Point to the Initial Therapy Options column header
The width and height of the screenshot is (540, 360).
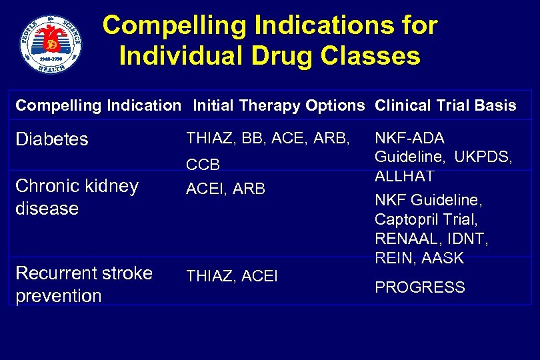[x=279, y=105]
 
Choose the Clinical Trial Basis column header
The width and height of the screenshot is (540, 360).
[x=445, y=105]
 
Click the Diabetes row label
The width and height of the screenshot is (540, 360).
[x=51, y=139]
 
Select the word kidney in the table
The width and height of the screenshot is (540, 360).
[x=106, y=186]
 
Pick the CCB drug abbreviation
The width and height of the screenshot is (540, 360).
[x=203, y=165]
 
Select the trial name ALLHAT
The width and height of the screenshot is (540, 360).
[x=404, y=177]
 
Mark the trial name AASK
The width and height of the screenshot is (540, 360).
[x=443, y=258]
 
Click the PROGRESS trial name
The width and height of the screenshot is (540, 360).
[x=419, y=287]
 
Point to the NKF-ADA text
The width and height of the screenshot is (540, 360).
[x=409, y=138]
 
